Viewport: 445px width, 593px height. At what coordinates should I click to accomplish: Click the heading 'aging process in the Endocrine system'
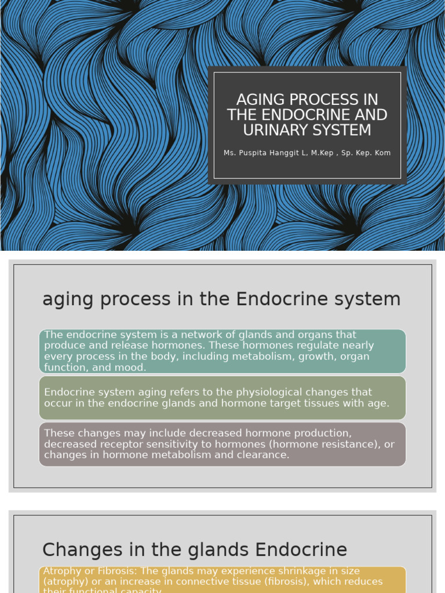[221, 299]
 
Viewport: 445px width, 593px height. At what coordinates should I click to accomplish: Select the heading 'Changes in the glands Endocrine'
[195, 550]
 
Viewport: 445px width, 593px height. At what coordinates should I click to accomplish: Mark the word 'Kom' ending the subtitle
[382, 153]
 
